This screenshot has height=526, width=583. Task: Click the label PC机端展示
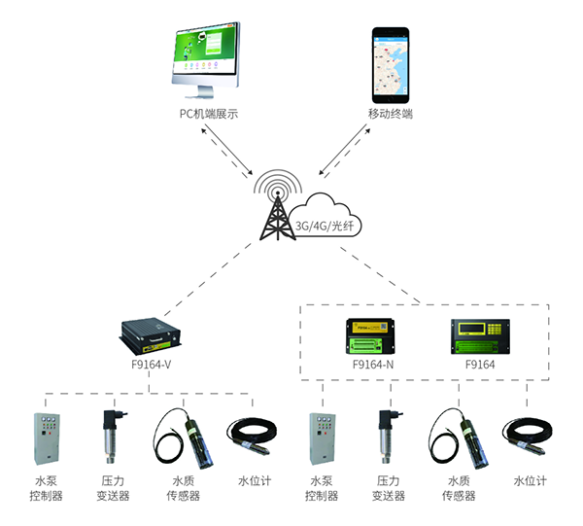pos(209,114)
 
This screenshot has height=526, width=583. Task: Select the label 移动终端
pos(391,114)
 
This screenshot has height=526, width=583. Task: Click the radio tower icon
pos(279,207)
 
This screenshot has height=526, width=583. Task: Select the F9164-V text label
pos(152,366)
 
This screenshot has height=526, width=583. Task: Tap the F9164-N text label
pos(373,366)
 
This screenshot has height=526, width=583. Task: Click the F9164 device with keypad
pos(479,336)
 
